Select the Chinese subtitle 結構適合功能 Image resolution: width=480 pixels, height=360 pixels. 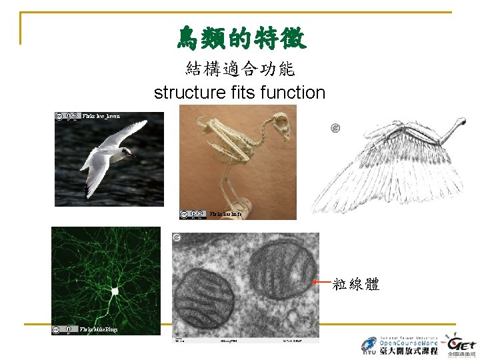(x=241, y=69)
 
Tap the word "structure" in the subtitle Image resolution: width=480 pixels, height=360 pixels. (x=187, y=93)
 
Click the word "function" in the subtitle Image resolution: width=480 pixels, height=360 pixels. (x=293, y=93)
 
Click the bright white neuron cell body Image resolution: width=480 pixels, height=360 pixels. (x=115, y=291)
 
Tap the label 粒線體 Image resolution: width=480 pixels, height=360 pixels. (x=356, y=285)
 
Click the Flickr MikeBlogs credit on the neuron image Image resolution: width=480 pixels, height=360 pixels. (x=99, y=329)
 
